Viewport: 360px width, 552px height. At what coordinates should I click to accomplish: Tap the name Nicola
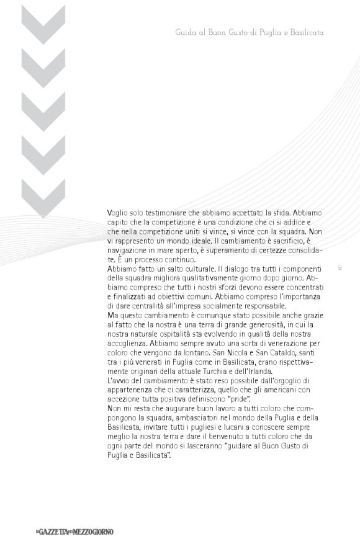coord(254,353)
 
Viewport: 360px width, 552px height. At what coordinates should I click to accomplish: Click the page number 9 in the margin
coord(340,269)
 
